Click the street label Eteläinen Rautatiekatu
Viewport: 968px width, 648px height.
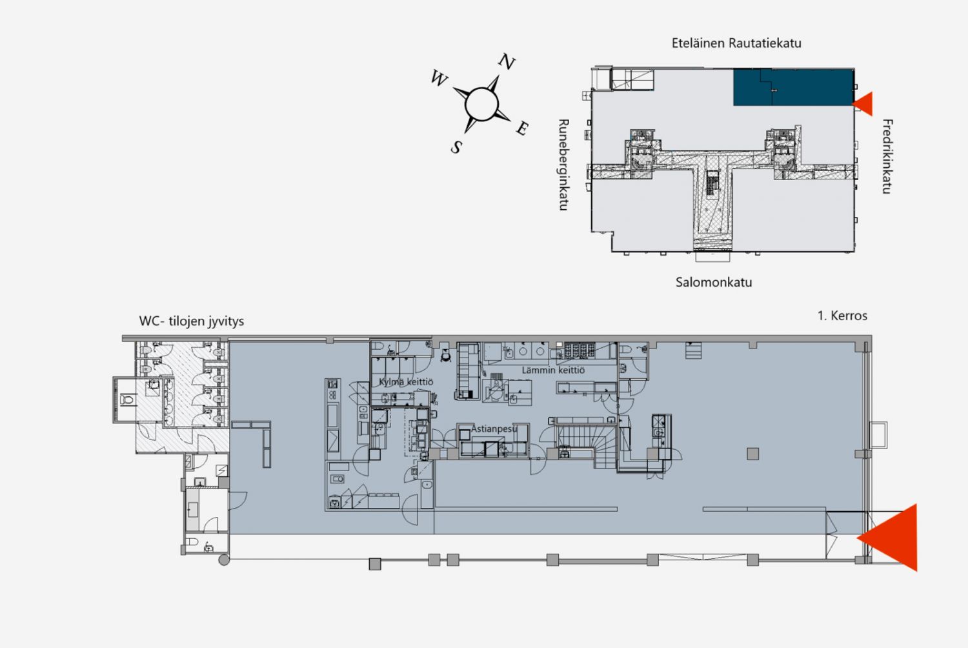coord(736,43)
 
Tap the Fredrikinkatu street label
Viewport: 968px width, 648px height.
coord(887,156)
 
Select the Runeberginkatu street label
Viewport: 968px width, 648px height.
coord(564,165)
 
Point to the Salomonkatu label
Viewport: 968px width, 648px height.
coord(714,282)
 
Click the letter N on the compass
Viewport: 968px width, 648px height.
coord(507,62)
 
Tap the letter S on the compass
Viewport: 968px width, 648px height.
coord(456,147)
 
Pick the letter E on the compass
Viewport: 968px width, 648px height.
coord(523,128)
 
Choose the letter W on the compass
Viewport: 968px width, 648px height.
coord(439,78)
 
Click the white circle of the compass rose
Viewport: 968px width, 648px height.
coord(481,104)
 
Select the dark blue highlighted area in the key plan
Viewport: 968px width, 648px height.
coord(793,87)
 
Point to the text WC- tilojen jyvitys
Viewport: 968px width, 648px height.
coord(192,321)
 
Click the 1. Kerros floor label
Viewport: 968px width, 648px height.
coord(842,316)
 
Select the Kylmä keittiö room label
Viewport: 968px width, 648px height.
coord(406,381)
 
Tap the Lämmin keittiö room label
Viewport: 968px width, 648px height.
coord(553,370)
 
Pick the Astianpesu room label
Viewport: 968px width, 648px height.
coord(494,429)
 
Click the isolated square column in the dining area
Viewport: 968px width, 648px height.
coord(753,454)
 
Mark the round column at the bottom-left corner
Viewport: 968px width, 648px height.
coord(224,560)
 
